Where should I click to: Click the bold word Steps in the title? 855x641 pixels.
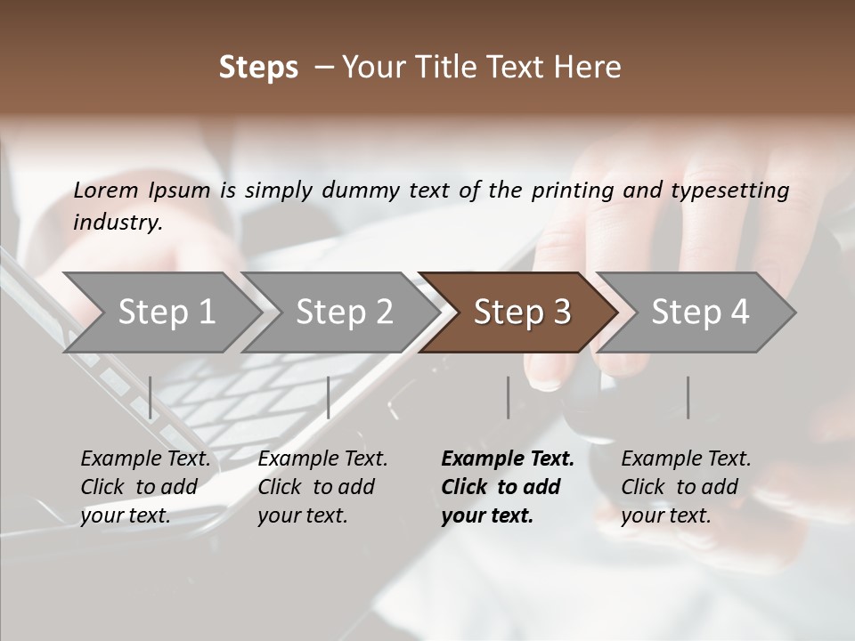pyautogui.click(x=258, y=68)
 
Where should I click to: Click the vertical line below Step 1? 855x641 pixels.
pyautogui.click(x=151, y=397)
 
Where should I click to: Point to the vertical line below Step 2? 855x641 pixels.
pyautogui.click(x=329, y=397)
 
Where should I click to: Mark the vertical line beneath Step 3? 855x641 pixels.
pyautogui.click(x=508, y=397)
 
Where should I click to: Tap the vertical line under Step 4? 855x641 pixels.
pyautogui.click(x=688, y=397)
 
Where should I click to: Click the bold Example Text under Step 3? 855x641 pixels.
pyautogui.click(x=508, y=459)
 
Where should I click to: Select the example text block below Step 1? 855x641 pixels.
pyautogui.click(x=145, y=487)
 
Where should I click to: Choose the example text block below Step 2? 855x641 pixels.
pyautogui.click(x=322, y=487)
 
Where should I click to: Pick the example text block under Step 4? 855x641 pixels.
pyautogui.click(x=686, y=487)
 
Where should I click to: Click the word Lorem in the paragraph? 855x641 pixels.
pyautogui.click(x=106, y=190)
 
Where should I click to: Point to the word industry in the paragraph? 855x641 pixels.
pyautogui.click(x=118, y=222)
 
